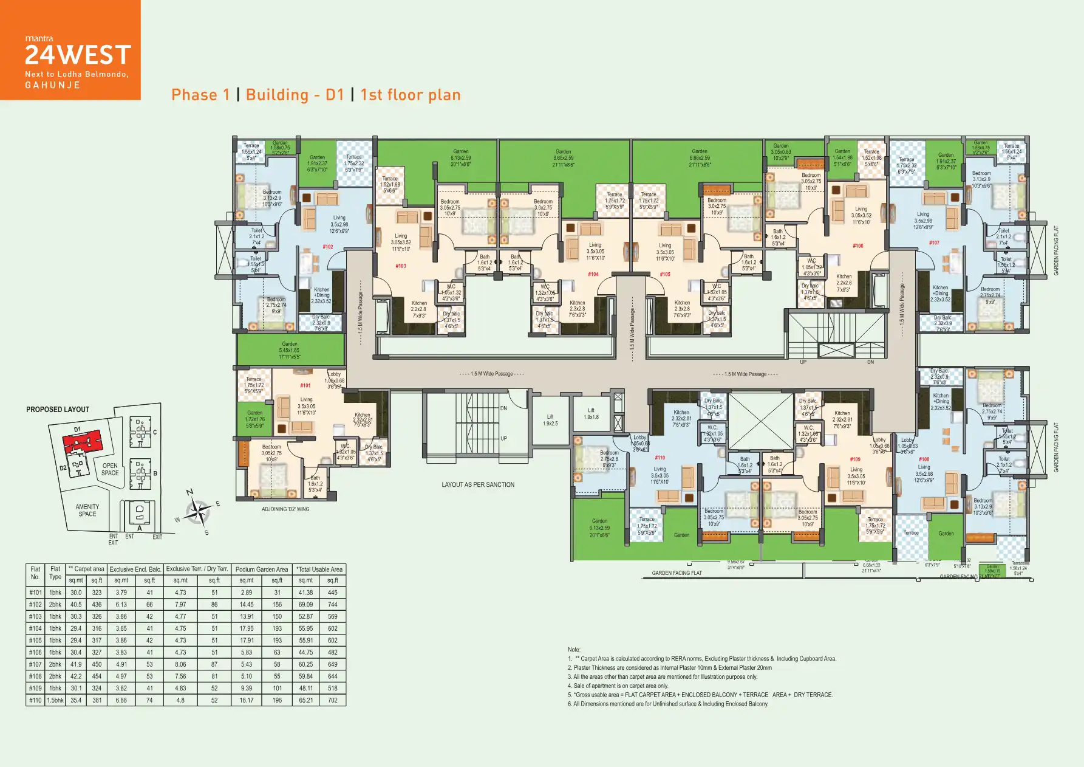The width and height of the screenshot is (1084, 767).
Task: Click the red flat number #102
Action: point(328,247)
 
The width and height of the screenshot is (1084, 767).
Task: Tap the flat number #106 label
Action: point(857,246)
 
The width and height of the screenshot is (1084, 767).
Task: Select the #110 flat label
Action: point(660,458)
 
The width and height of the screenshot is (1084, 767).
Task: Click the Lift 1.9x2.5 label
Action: point(550,420)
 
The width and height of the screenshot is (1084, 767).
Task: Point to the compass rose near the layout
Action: point(197,512)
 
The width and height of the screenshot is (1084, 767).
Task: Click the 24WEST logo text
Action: point(78,55)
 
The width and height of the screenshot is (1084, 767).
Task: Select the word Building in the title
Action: point(277,95)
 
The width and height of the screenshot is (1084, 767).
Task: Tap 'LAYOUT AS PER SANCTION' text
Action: point(478,485)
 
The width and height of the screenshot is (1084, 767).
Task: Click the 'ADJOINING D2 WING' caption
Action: point(285,509)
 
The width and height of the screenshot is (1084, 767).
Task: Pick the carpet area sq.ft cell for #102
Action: point(97,605)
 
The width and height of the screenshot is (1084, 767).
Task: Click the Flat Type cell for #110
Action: point(55,700)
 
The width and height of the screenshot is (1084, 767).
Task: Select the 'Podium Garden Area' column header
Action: point(262,569)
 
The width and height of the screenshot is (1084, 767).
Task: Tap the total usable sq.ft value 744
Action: point(332,605)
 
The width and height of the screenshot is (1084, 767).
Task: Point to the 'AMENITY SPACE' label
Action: point(87,510)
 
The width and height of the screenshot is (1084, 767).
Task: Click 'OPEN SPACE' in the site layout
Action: point(110,469)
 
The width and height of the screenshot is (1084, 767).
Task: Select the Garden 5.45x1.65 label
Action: point(289,350)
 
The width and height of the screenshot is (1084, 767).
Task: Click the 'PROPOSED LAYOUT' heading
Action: point(58,410)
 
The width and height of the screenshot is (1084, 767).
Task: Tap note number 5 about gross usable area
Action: point(700,695)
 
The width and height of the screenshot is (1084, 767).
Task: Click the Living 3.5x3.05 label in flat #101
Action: point(306,406)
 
